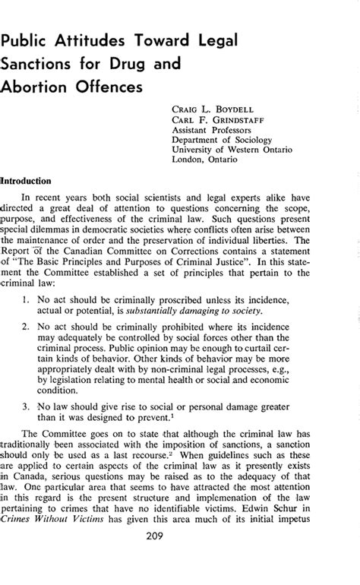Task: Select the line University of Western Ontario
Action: (x=238, y=150)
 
